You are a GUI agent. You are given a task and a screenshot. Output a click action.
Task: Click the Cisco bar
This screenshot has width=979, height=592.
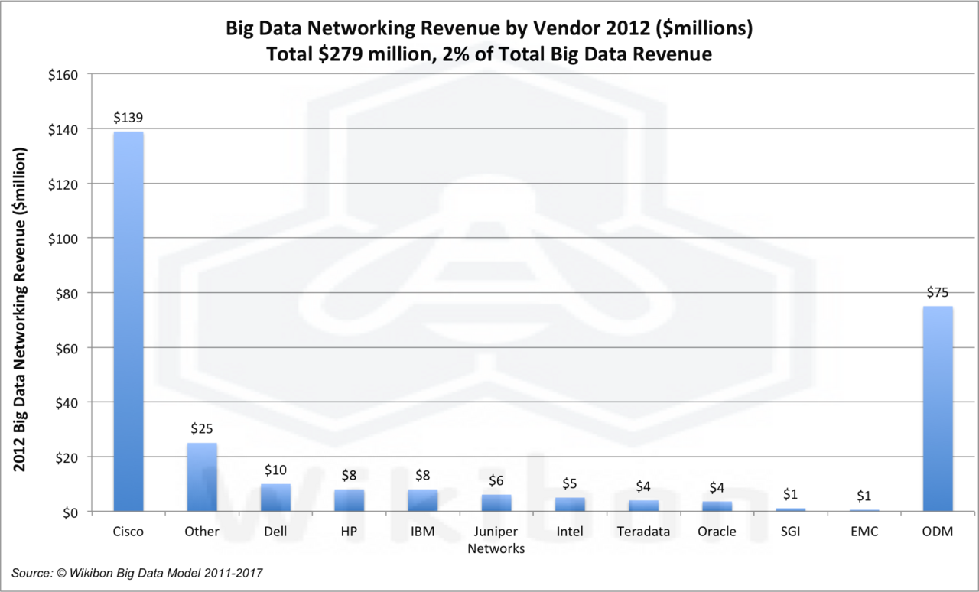click(128, 321)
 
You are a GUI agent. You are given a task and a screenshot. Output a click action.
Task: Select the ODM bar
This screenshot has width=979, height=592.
click(938, 408)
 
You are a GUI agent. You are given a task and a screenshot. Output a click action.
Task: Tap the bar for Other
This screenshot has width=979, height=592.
click(202, 477)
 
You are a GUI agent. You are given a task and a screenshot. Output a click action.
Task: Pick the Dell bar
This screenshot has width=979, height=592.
click(275, 497)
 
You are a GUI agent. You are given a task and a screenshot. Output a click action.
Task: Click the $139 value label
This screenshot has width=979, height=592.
click(128, 118)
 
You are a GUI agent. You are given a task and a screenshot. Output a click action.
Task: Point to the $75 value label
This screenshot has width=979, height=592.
click(938, 292)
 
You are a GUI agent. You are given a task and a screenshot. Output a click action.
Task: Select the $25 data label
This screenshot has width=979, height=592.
click(202, 429)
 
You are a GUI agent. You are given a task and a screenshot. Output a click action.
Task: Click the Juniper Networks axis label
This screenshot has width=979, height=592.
click(496, 540)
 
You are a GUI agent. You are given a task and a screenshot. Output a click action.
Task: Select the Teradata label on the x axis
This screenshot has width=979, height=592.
click(643, 532)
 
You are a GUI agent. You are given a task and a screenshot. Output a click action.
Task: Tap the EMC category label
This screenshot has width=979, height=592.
click(864, 532)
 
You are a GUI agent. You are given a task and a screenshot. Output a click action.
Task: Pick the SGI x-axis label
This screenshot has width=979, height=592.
click(791, 532)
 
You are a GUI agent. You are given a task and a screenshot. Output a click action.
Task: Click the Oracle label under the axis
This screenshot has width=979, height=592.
click(717, 532)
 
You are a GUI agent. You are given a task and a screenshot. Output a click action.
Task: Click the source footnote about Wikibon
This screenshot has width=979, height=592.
click(142, 573)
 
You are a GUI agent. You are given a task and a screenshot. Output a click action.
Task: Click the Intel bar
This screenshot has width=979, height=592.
click(570, 504)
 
